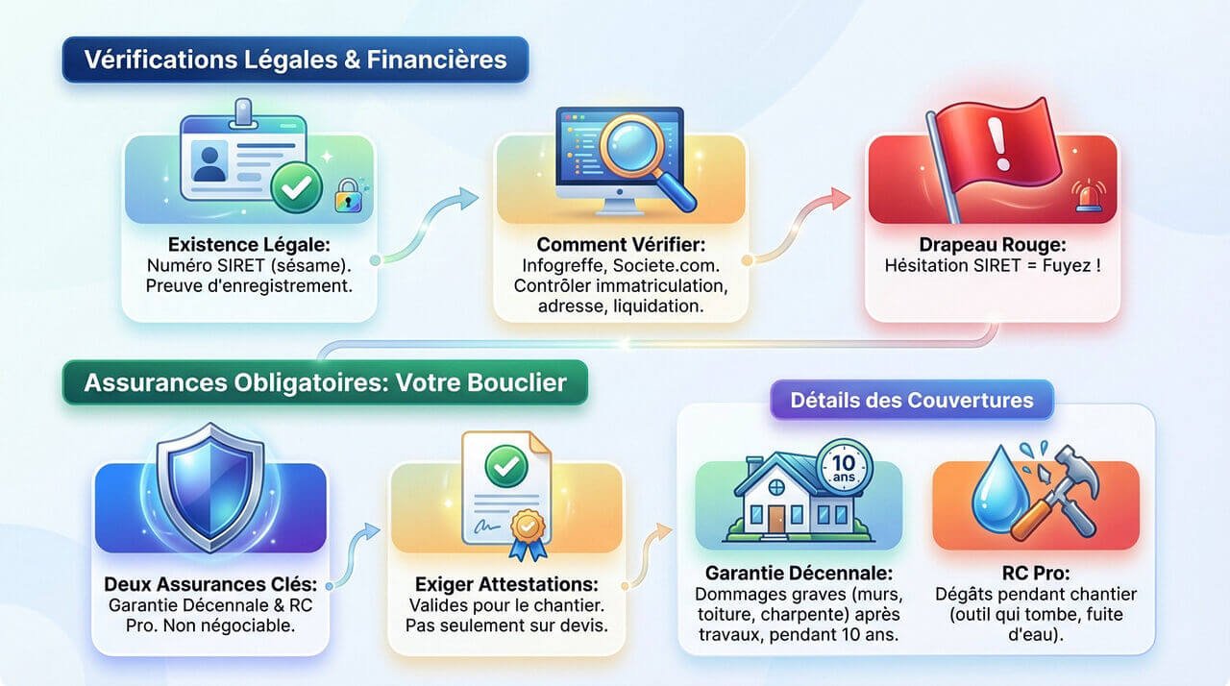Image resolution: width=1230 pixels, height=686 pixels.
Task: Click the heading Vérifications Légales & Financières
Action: pyautogui.click(x=295, y=60)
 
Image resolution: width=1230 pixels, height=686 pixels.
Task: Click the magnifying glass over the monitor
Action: pyautogui.click(x=638, y=154)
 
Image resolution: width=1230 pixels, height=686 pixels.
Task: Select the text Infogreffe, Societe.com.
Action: pyautogui.click(x=620, y=265)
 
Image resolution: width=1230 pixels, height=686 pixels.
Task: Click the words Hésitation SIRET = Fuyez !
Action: pyautogui.click(x=993, y=265)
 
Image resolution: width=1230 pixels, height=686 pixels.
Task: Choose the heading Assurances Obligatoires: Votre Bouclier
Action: pyautogui.click(x=325, y=382)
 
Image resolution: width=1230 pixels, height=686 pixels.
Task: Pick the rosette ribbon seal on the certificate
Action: pyautogui.click(x=527, y=531)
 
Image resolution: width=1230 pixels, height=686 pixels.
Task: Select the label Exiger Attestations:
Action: pyautogui.click(x=506, y=584)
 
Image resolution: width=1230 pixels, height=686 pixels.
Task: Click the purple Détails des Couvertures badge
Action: pyautogui.click(x=911, y=400)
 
